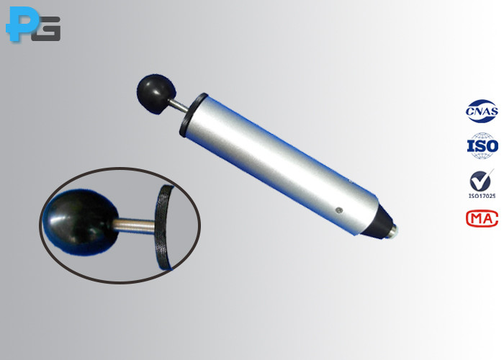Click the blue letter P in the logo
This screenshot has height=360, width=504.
(20, 23)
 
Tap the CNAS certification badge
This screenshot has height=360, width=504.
(482, 111)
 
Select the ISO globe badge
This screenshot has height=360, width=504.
(482, 145)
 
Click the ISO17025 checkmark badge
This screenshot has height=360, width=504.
(482, 184)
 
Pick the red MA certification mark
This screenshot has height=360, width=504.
(482, 218)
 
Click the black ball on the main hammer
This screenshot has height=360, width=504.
(156, 94)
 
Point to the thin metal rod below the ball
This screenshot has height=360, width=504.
(179, 105)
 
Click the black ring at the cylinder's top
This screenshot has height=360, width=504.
(193, 114)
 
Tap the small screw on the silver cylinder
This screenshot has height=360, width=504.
(338, 210)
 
